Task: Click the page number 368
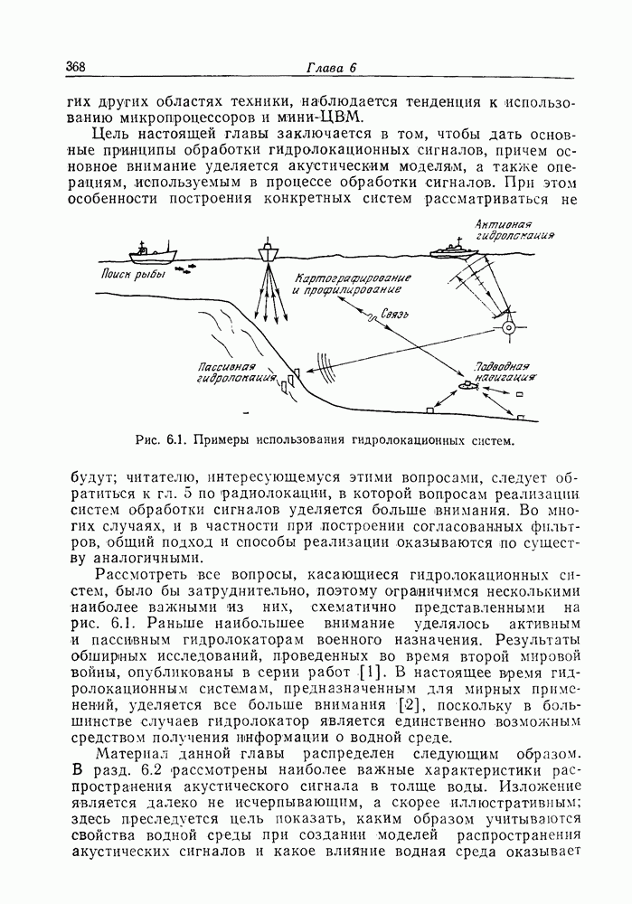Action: pyautogui.click(x=76, y=68)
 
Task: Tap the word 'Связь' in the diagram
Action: pyautogui.click(x=397, y=315)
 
